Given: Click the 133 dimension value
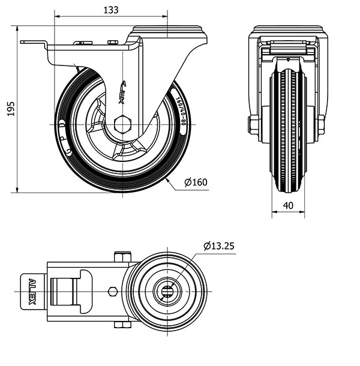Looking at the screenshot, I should (110, 10).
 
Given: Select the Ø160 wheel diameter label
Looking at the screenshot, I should (196, 182).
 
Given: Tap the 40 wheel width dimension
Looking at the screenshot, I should (288, 206).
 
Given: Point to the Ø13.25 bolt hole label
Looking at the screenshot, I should (218, 246).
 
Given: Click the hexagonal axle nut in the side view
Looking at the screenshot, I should (122, 124).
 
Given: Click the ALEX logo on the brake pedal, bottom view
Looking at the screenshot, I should (32, 291).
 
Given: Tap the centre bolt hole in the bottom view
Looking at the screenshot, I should (166, 292).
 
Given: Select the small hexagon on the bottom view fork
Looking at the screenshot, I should (112, 292).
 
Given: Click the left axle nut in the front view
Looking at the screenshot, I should (253, 125).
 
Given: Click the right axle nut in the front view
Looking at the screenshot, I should (320, 125).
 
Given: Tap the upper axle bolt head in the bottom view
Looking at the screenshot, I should (122, 257).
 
